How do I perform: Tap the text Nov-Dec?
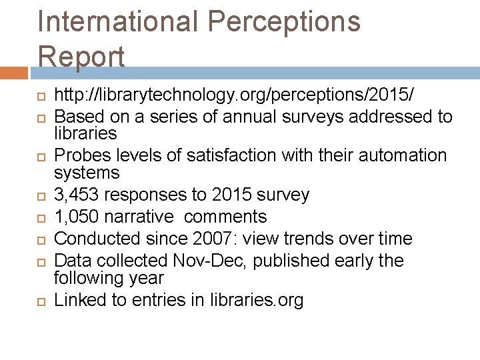(204, 261)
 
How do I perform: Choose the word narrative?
(143, 217)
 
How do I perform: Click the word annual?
(248, 117)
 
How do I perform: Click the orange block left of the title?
(14, 71)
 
